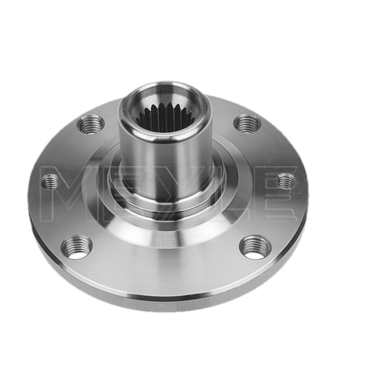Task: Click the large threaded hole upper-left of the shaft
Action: [91, 124]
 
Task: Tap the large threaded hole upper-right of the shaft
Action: [247, 123]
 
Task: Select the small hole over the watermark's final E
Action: [286, 181]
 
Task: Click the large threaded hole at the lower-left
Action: [77, 247]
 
